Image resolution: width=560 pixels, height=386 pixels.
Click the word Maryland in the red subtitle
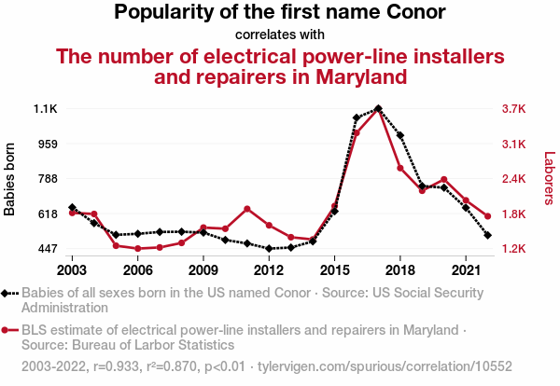click(x=355, y=76)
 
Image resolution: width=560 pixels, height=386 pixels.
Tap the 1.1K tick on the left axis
click(x=46, y=109)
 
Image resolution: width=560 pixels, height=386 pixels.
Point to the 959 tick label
click(x=47, y=144)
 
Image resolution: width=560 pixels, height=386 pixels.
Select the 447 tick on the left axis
click(x=47, y=249)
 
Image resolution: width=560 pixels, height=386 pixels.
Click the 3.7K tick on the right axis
click(x=514, y=109)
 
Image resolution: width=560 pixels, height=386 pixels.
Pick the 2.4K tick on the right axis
click(x=514, y=179)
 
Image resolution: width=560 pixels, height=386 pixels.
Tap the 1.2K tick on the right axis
click(x=514, y=249)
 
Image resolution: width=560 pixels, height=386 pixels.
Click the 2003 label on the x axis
click(x=72, y=269)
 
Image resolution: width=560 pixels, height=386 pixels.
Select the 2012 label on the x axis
click(x=269, y=269)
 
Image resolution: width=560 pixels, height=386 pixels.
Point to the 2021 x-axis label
click(x=465, y=269)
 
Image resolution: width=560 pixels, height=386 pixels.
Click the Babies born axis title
click(x=10, y=179)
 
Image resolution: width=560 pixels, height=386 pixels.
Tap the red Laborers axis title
click(x=549, y=179)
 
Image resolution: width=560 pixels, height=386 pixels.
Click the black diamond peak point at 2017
click(x=378, y=108)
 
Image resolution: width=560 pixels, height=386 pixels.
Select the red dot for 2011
click(x=246, y=209)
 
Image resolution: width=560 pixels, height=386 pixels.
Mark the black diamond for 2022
click(x=487, y=235)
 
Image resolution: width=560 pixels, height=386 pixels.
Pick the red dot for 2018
click(x=399, y=168)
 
